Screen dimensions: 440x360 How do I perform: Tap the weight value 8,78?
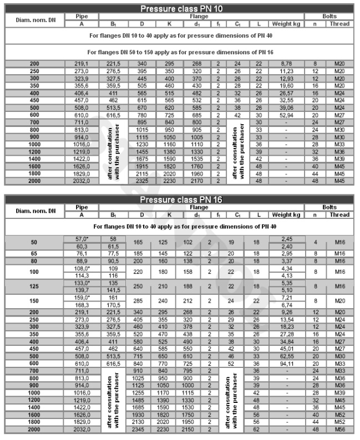click(x=286, y=64)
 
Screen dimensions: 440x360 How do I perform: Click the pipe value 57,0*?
click(x=82, y=238)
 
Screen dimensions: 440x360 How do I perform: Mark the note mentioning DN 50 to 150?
click(x=180, y=51)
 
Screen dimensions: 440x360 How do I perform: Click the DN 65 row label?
click(x=34, y=252)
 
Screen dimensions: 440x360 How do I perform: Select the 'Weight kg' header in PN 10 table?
click(x=286, y=24)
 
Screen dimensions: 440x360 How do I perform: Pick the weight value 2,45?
click(x=286, y=238)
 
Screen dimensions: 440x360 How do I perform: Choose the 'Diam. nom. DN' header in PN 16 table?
click(x=34, y=211)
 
